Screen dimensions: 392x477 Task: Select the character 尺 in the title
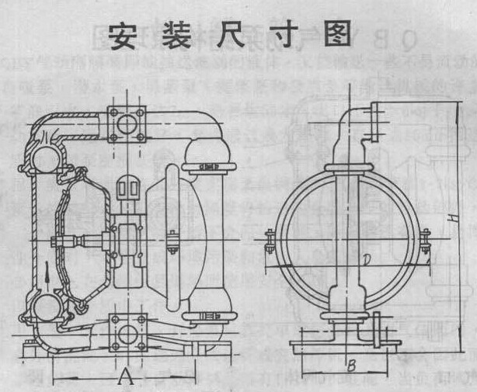(223, 35)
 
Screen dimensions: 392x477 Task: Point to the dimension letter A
(124, 378)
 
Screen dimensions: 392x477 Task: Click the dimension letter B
(350, 363)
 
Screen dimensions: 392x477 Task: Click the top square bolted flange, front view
(125, 123)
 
